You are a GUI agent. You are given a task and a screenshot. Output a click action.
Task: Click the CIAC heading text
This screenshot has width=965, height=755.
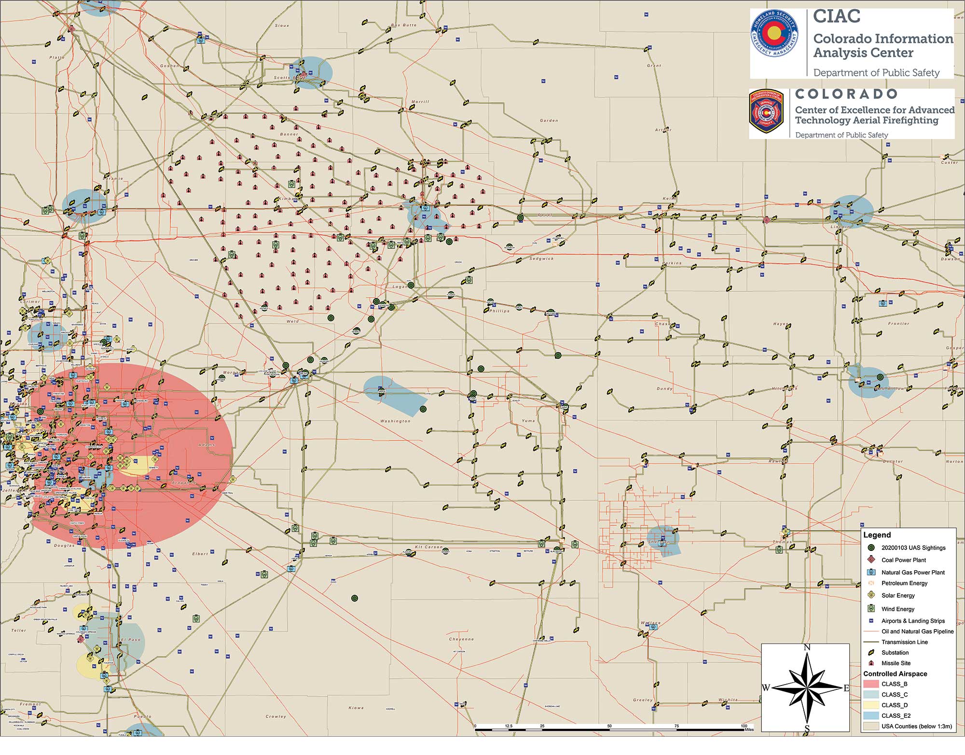[x=837, y=16]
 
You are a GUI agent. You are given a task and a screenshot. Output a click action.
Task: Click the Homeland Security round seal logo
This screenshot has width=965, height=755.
[x=774, y=41]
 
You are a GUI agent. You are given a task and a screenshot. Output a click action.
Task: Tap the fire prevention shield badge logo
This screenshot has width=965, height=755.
[x=767, y=113]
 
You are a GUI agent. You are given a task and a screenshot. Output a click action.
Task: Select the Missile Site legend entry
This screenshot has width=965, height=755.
[x=896, y=663]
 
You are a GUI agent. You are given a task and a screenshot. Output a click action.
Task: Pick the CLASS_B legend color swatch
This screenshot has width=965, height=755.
[x=871, y=684]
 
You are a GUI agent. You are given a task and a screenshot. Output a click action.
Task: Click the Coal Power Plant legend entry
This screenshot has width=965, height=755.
[x=903, y=560]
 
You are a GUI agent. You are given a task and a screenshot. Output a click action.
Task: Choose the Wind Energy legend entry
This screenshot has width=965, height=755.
[x=897, y=609]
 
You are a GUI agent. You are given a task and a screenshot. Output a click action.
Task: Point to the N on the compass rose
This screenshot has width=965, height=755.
[x=806, y=647]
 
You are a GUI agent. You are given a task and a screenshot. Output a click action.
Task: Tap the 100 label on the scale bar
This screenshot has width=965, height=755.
[x=744, y=726]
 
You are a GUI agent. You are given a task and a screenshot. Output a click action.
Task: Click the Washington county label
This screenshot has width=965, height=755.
[x=395, y=421]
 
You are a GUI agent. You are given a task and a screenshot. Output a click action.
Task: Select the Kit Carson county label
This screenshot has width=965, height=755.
[x=428, y=547]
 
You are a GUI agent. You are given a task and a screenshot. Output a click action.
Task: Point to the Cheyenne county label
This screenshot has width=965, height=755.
[x=461, y=639]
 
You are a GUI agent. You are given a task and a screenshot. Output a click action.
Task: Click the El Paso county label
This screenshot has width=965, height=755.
[x=130, y=640]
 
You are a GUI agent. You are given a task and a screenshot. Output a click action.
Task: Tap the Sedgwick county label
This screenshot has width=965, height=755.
[x=541, y=259]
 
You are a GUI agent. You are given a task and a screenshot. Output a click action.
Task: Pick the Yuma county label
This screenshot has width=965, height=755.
[x=528, y=421]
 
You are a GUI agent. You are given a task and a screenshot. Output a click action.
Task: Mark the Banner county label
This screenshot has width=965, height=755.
[x=289, y=134]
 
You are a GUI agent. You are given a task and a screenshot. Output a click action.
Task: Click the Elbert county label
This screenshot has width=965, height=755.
[x=200, y=554]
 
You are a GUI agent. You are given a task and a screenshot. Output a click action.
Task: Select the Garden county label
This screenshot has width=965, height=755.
[x=549, y=121]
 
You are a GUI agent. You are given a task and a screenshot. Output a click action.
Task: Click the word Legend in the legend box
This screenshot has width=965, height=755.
[x=877, y=535]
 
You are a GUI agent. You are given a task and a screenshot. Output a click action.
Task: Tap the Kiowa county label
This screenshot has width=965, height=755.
[x=356, y=708]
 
